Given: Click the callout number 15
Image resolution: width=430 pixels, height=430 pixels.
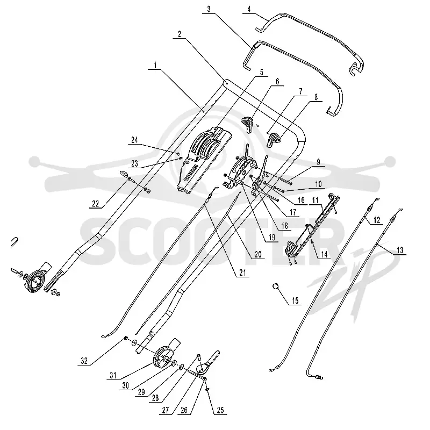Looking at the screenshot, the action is pos(295,300).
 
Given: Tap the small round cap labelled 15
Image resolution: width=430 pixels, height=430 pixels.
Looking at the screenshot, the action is pos(276,286).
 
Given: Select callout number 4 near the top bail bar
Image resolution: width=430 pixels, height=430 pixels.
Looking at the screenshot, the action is pos(249,9).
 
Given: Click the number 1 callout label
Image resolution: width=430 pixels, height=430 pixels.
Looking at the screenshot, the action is pos(155,65).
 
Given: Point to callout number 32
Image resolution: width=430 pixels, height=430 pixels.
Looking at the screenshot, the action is pos(84,361).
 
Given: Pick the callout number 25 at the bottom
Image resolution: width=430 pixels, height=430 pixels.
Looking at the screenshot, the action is pos(220,410).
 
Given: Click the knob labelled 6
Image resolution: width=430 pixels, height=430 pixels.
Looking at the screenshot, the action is pos(247,124).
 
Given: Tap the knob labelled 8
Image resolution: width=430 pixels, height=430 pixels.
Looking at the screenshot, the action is pos(274,139).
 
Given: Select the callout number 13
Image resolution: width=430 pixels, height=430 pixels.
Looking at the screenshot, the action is pos(400,250).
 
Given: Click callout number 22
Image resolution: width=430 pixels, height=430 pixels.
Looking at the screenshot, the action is pos(96,204).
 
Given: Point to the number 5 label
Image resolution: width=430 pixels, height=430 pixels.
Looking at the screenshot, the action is pos(261,72).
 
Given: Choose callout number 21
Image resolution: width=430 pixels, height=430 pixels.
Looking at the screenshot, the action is pos(242,273).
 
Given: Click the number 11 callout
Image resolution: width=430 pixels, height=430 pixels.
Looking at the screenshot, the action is pos(315,200).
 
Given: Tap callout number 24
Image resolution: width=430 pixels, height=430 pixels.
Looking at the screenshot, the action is pos(134,140).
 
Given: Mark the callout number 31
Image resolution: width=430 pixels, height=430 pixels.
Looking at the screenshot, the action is pos(113,375).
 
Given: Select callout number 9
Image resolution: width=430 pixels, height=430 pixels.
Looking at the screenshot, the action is pos(318,162).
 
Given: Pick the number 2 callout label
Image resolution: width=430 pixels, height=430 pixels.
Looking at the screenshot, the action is pos(180,34).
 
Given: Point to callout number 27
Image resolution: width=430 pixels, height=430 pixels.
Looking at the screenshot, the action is pos(165,410).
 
